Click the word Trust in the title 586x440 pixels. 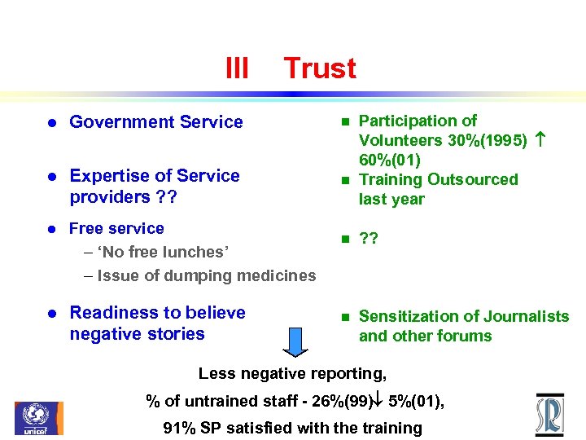click(319, 68)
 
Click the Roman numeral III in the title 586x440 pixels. click(236, 68)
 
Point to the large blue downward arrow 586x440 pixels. click(295, 341)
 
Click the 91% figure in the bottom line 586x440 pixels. click(178, 428)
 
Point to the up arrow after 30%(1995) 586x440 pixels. click(541, 140)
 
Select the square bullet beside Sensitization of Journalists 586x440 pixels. click(344, 316)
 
